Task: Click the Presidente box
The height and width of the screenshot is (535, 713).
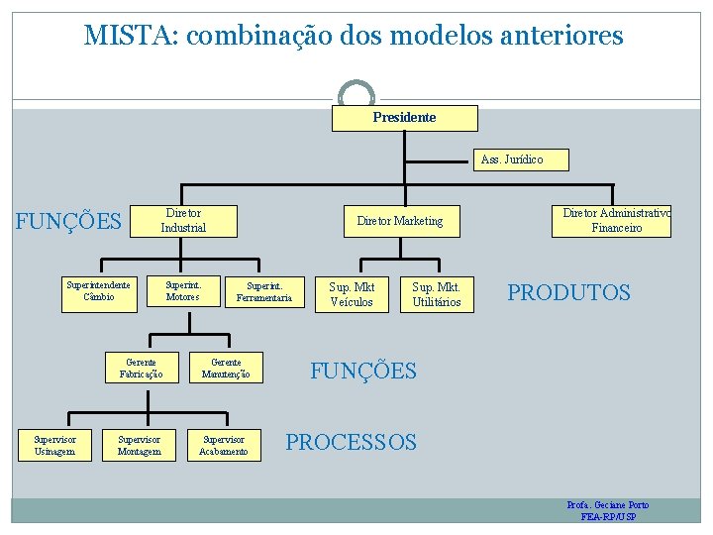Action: click(404, 118)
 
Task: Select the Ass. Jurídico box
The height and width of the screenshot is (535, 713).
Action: click(511, 159)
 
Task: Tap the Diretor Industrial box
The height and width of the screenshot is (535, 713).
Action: click(184, 221)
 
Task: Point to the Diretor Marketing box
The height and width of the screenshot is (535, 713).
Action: click(400, 221)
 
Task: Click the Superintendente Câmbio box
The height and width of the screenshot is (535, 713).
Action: click(98, 290)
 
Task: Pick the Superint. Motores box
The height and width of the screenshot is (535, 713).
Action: click(183, 290)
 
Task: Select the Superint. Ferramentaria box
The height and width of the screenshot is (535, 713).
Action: click(264, 291)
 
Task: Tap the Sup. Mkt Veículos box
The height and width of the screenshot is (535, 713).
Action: click(352, 294)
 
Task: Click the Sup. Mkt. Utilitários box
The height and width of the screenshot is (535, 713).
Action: click(437, 294)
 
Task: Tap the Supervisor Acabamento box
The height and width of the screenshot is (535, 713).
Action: click(224, 446)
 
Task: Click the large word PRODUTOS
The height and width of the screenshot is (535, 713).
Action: click(568, 293)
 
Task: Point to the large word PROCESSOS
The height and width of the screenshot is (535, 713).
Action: click(352, 442)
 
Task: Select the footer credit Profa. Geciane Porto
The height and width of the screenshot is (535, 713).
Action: click(608, 505)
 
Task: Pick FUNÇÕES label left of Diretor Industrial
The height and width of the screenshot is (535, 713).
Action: click(69, 220)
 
